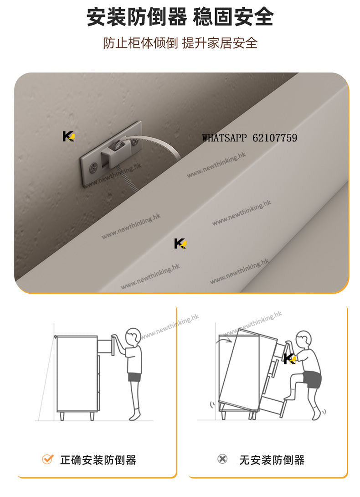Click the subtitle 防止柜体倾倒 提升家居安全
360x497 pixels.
(180, 43)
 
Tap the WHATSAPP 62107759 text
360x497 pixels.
(249, 138)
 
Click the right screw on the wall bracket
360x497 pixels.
(135, 143)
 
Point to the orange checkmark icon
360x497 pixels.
(47, 459)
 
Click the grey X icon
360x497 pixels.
(222, 459)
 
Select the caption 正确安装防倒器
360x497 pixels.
(98, 460)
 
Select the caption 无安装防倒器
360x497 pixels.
(272, 460)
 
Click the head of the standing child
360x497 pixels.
(133, 337)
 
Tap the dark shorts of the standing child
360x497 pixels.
(134, 377)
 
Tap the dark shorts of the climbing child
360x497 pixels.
(312, 379)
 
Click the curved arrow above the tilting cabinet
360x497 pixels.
(224, 340)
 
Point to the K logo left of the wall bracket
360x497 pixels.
(68, 136)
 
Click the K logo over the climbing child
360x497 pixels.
(290, 358)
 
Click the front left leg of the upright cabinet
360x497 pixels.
(62, 416)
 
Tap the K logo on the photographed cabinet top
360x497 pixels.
(180, 243)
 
